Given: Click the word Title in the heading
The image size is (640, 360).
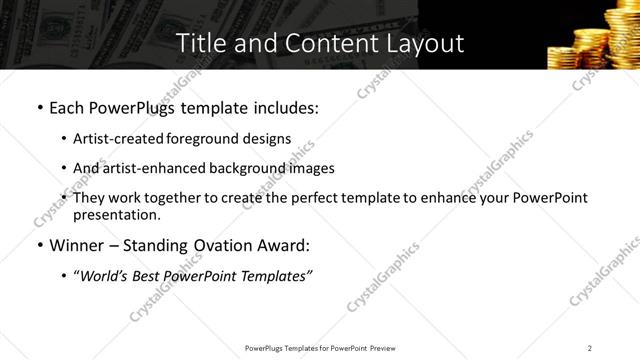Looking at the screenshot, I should tap(198, 43).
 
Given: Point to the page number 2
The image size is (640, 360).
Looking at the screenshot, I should tap(589, 347).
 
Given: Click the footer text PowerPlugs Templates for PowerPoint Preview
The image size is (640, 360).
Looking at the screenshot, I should tap(319, 347).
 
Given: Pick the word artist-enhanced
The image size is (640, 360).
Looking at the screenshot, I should tap(151, 168).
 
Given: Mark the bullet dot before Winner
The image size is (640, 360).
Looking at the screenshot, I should tap(38, 245).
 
